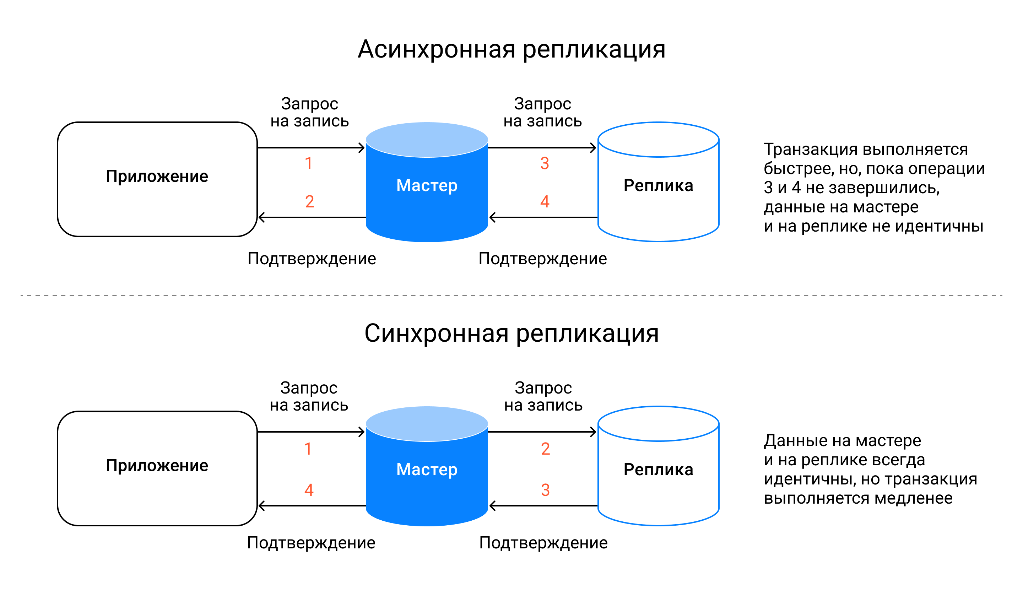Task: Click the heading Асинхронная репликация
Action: (511, 49)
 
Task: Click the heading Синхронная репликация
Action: (511, 334)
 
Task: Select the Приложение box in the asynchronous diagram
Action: (157, 179)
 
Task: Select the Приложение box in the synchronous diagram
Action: (157, 468)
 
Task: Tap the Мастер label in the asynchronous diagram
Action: (427, 185)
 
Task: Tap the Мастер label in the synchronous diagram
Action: (427, 470)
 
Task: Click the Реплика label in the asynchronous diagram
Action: (658, 185)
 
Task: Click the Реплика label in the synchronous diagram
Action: (658, 470)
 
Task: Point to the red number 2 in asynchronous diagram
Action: (309, 202)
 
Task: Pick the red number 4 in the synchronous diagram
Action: (309, 490)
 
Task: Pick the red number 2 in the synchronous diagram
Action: (545, 449)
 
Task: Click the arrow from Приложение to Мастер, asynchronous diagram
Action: (311, 148)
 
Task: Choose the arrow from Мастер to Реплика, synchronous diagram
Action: (542, 432)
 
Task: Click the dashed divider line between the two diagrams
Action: (511, 295)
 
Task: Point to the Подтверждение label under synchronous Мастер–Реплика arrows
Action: (543, 543)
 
